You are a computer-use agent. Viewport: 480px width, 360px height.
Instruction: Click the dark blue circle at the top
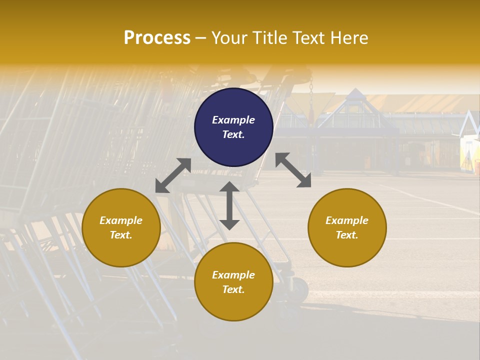click(233, 127)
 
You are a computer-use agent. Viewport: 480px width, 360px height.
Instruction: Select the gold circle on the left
click(121, 227)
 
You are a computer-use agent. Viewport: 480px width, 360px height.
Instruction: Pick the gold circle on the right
click(347, 227)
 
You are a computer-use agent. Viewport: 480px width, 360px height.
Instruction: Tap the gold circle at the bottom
click(233, 282)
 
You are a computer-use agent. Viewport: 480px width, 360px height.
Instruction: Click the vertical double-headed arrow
click(229, 205)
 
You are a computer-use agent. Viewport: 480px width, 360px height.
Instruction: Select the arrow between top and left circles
click(173, 175)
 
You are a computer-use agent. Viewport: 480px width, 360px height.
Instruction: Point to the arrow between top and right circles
click(293, 170)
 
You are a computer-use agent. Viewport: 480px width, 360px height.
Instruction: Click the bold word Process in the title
click(157, 38)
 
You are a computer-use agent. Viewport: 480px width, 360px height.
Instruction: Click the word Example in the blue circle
click(233, 120)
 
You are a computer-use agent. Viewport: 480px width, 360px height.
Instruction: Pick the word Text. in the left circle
click(121, 235)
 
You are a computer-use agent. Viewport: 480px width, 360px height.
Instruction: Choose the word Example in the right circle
click(347, 220)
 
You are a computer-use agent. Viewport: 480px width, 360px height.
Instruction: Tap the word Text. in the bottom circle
click(233, 289)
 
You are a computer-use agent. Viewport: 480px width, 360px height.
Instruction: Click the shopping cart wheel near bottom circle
click(300, 288)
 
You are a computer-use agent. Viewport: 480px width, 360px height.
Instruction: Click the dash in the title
click(201, 38)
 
